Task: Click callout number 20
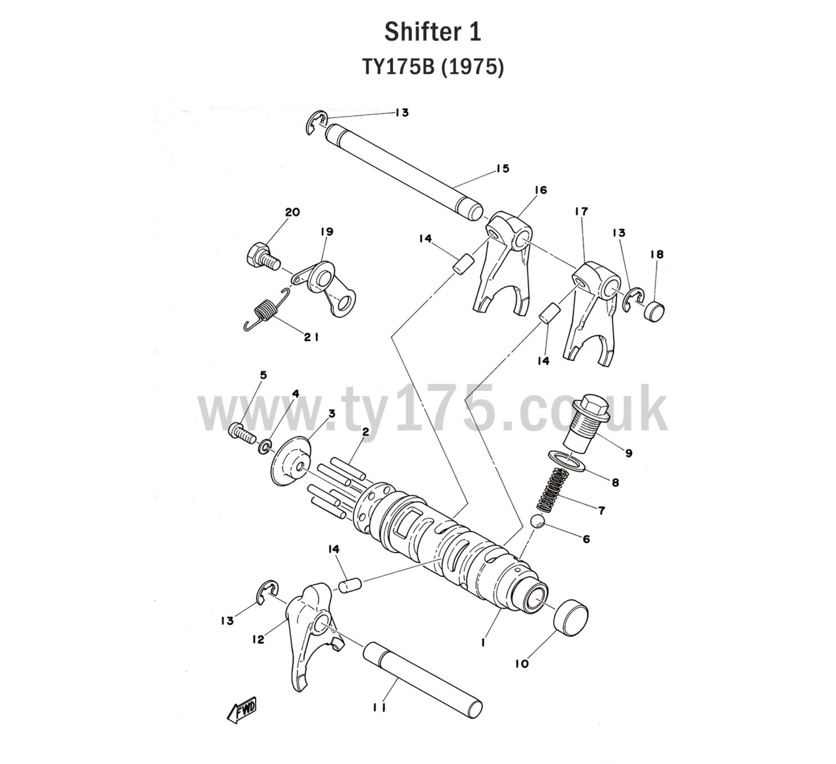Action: (292, 212)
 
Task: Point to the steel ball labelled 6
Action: (538, 521)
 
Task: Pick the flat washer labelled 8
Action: (567, 461)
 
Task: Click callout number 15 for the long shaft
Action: (502, 169)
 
